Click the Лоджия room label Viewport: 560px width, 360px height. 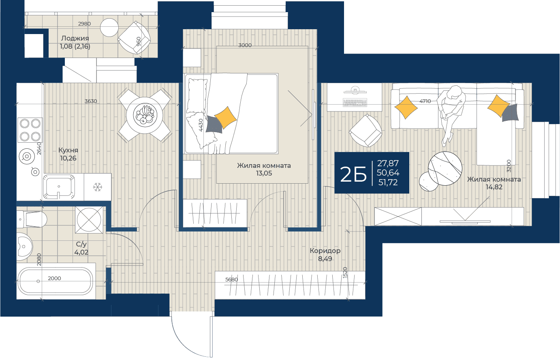(x=75, y=38)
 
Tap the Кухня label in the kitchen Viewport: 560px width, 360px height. (x=68, y=150)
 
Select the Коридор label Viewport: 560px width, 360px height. (x=325, y=251)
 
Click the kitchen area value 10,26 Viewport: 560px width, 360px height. (x=68, y=159)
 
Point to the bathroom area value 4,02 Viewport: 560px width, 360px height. (x=81, y=252)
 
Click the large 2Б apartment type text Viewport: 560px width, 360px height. (x=353, y=175)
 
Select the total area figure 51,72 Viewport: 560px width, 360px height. (x=388, y=182)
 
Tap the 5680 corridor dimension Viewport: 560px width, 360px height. (x=231, y=280)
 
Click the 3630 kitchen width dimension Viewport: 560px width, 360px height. (x=91, y=101)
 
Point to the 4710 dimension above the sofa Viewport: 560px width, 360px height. (x=425, y=101)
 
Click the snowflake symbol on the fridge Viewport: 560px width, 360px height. (x=97, y=187)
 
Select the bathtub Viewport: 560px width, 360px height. (x=56, y=281)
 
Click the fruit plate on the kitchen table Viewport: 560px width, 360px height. (x=145, y=115)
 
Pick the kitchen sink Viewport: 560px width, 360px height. (x=59, y=187)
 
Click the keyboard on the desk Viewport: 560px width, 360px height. (x=355, y=103)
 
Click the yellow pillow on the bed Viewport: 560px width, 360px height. (x=225, y=118)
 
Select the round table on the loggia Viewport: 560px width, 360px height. (x=109, y=28)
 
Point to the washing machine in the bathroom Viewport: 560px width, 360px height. (x=89, y=220)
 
